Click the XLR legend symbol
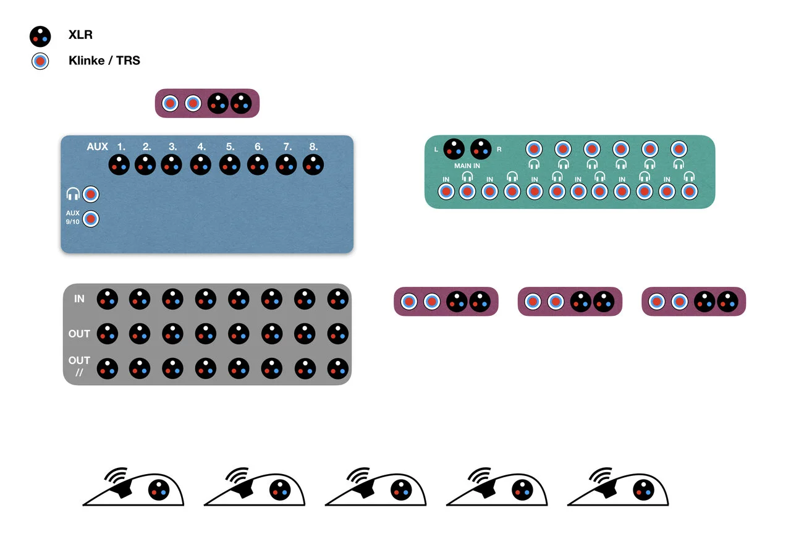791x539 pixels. tap(40, 36)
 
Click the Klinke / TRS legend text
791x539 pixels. tap(104, 61)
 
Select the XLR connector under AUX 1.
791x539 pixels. tap(119, 165)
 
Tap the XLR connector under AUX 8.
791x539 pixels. tap(313, 165)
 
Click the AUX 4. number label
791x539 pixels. tap(201, 147)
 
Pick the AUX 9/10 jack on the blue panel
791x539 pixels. tap(91, 219)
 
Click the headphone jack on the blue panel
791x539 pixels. tap(91, 194)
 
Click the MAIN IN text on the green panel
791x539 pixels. tap(467, 166)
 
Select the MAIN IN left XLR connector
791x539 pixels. tap(454, 148)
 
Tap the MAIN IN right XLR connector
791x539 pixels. tap(481, 148)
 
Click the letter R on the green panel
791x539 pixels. tap(499, 150)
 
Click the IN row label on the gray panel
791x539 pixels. tap(79, 299)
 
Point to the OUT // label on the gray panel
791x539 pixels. tap(79, 366)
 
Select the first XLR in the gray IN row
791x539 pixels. tap(107, 299)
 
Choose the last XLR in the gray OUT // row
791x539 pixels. tap(338, 368)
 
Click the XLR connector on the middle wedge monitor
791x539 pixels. tap(401, 491)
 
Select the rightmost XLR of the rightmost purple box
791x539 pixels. tap(727, 302)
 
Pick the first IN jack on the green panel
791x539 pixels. tap(446, 192)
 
